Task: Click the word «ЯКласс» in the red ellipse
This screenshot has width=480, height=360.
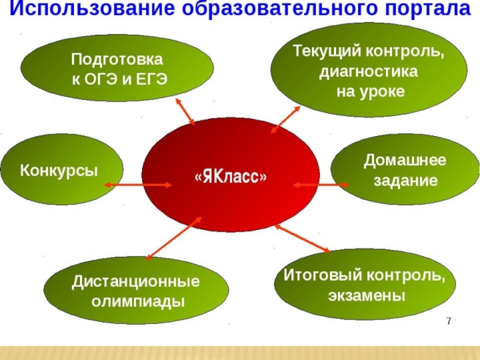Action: pos(230,178)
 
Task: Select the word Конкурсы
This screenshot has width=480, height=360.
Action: pos(59,170)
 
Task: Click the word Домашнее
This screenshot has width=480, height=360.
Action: pos(405,161)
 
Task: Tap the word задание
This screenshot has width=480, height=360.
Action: pos(406,181)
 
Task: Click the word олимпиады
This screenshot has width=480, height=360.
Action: pos(137,301)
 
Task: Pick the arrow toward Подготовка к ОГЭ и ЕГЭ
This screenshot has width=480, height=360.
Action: pos(184,110)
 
